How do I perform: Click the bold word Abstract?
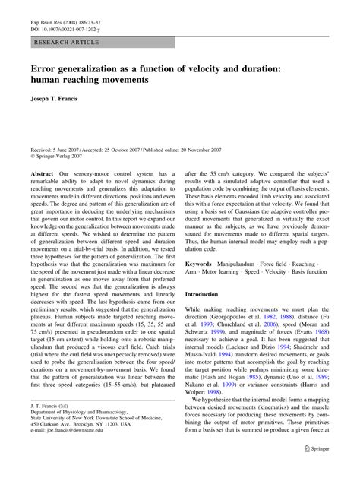point(43,175)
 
